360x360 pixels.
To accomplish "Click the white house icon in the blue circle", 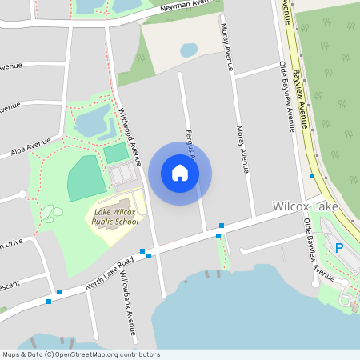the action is click(x=180, y=173).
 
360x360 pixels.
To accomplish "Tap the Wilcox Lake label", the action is click(x=305, y=206).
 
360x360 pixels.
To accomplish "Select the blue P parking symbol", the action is click(x=338, y=248).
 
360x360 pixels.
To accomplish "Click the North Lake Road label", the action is click(x=109, y=272).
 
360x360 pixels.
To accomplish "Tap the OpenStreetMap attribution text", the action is click(x=81, y=354).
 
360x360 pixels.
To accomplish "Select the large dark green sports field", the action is click(x=86, y=178).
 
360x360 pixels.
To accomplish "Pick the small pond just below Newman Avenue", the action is click(x=189, y=50).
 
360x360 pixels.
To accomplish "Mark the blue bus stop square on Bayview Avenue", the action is click(x=312, y=176).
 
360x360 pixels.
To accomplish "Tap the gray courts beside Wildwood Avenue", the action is click(x=122, y=174).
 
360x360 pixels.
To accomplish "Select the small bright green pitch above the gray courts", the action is click(x=116, y=152).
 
